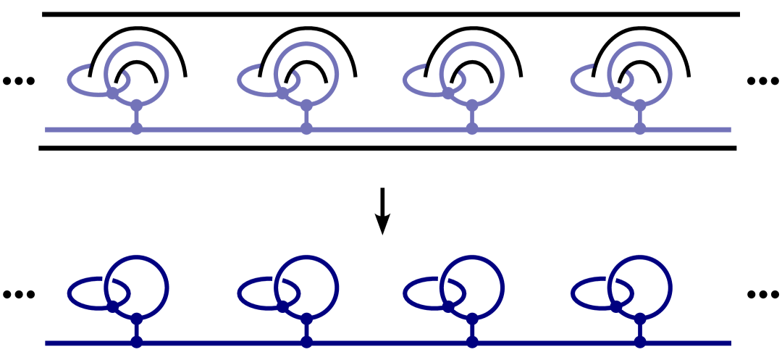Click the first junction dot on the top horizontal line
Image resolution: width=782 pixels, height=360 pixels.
(x=136, y=130)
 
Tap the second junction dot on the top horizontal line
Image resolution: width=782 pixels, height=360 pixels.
(x=306, y=130)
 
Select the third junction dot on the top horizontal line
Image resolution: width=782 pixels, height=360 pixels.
(x=472, y=130)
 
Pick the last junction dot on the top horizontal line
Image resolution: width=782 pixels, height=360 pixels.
(x=640, y=130)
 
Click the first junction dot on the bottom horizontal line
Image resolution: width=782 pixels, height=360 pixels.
(x=136, y=343)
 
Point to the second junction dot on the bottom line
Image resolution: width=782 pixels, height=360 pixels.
(x=306, y=343)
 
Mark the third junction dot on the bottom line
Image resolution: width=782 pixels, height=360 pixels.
(x=472, y=343)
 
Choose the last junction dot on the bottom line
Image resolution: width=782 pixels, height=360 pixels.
(x=640, y=343)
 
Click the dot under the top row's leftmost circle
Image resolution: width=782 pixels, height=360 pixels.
(x=136, y=106)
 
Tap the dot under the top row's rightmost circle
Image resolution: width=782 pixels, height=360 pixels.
(x=640, y=106)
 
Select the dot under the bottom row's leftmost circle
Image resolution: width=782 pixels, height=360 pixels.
(x=136, y=319)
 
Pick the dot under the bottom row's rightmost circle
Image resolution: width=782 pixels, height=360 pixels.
(x=640, y=319)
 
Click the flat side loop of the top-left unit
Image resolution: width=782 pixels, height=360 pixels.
(x=70, y=81)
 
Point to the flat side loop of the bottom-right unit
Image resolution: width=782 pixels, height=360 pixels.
(x=573, y=294)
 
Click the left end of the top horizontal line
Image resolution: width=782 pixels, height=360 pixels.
(x=47, y=130)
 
